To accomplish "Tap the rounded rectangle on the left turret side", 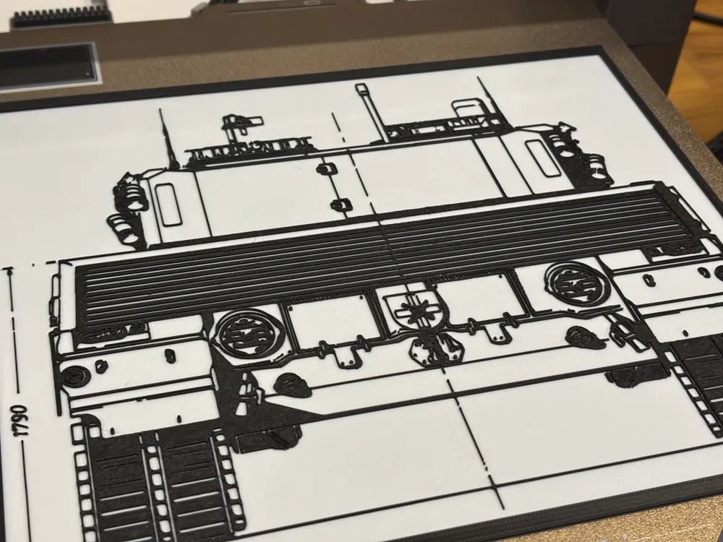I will point(168,204).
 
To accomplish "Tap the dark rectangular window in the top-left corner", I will point(47,65).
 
